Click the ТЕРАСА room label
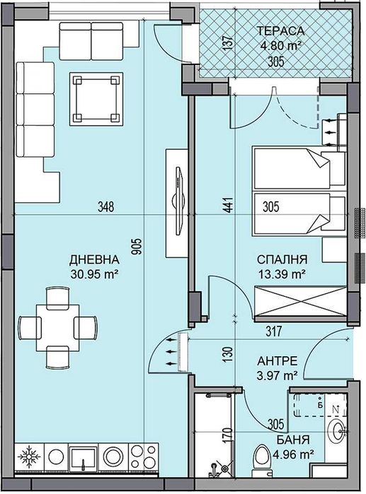click(281, 31)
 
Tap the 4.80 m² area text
click(281, 45)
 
